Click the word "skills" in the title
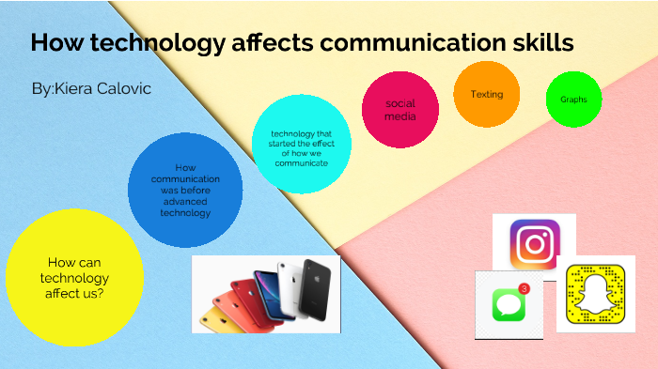point(536,43)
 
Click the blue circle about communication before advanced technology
point(185,191)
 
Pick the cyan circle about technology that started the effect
point(302,145)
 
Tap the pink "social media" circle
point(400,110)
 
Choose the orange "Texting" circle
point(487,95)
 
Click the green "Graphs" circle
point(573,99)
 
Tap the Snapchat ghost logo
point(596,292)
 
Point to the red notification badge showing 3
point(524,288)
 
